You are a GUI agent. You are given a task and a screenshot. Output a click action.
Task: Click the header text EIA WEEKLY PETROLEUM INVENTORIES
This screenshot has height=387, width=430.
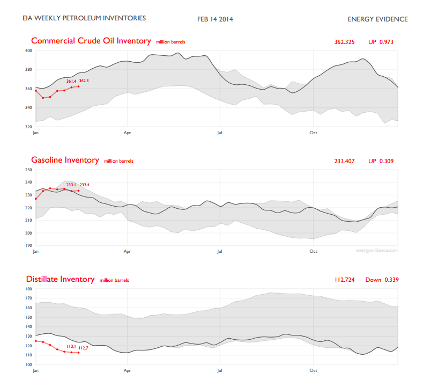click(x=84, y=18)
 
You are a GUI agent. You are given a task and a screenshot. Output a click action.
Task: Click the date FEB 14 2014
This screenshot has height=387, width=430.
click(x=215, y=19)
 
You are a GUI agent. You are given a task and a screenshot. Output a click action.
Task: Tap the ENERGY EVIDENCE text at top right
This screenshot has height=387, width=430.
click(x=377, y=19)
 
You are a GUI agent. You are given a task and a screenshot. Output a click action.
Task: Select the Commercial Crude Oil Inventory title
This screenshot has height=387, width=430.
click(x=91, y=41)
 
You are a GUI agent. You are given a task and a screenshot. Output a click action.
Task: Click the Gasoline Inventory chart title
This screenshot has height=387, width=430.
click(x=65, y=160)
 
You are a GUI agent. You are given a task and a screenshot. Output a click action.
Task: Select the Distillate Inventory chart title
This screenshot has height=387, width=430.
click(x=60, y=279)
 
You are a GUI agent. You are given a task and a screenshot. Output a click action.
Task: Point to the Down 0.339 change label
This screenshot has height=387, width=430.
click(x=382, y=280)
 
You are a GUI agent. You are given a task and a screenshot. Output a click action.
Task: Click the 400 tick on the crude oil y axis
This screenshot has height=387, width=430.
click(x=28, y=50)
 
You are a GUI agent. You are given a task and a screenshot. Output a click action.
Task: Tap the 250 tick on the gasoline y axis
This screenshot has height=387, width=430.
click(x=28, y=170)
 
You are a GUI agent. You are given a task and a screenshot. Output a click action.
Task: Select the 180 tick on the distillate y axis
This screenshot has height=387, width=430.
click(x=29, y=289)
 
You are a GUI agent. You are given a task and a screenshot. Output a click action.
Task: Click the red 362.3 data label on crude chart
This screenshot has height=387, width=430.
click(x=84, y=81)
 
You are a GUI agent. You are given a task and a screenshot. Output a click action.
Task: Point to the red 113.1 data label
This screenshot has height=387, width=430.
click(x=71, y=346)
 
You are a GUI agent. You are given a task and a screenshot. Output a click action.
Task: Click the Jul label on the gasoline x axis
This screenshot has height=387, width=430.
click(x=220, y=251)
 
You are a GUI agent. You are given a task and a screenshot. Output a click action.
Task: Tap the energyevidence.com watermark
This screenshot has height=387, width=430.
click(x=377, y=250)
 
